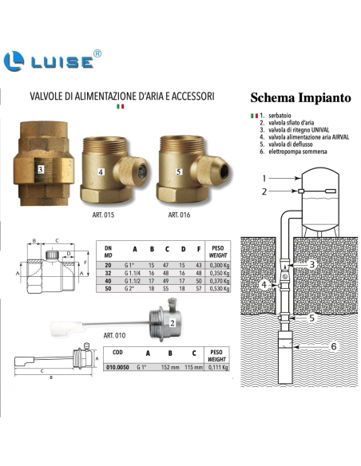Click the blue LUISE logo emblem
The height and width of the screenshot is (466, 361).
(14, 61)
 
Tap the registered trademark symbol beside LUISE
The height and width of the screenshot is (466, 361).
(97, 53)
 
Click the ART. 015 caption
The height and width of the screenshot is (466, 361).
(103, 215)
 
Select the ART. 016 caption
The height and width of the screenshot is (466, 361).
(179, 215)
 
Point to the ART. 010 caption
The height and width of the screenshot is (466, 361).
(114, 335)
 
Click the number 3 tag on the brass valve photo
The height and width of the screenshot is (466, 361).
(41, 170)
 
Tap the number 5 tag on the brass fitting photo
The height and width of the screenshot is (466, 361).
(178, 172)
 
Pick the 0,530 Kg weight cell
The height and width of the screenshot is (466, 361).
(219, 289)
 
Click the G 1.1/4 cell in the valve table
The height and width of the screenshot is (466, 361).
(131, 273)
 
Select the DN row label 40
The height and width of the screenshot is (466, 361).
(108, 281)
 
